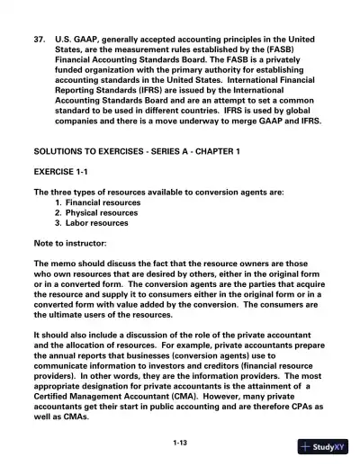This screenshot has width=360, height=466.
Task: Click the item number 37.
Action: pos(39,39)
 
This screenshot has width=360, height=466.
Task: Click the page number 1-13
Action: pos(180,443)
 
